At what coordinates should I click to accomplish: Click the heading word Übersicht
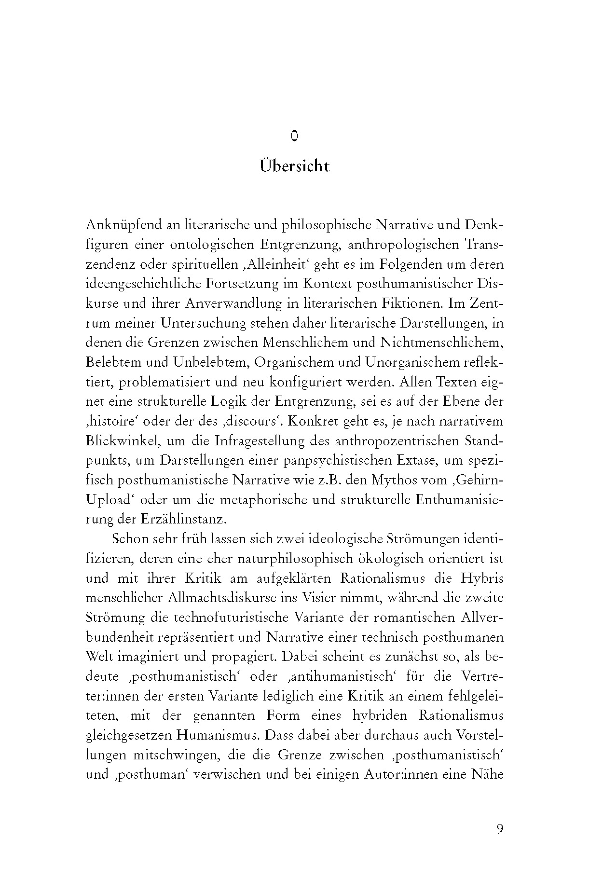coord(294,166)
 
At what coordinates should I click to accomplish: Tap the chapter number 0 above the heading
coord(294,137)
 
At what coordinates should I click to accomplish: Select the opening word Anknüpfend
coord(124,225)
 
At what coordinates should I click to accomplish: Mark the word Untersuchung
coord(207,323)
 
